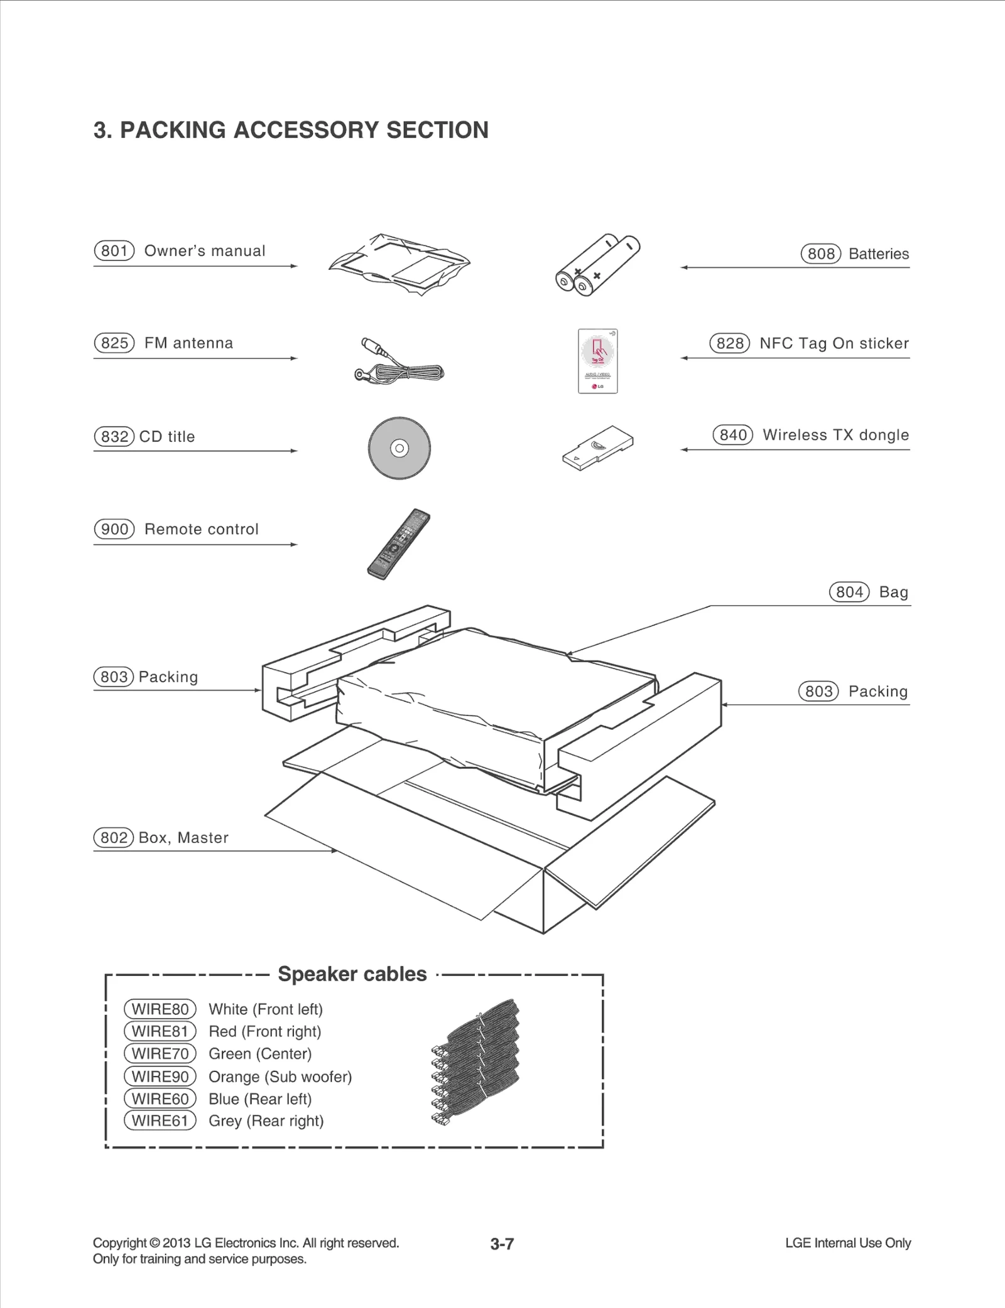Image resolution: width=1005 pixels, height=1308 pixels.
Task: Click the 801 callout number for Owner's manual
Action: coord(114,251)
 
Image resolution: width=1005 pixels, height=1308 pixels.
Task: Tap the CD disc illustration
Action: coord(399,448)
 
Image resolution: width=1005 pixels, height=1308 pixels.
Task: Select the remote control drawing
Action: coord(399,544)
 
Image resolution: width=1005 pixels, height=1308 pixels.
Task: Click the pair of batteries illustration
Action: coord(597,265)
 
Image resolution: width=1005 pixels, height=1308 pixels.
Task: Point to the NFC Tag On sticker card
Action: coord(597,361)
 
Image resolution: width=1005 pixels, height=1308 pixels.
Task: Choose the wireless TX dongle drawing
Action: coord(597,448)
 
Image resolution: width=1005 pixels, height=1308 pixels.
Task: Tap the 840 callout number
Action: coord(732,435)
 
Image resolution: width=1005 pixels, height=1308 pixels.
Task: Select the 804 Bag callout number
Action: coord(849,592)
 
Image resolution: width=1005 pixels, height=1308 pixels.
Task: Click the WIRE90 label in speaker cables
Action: coord(160,1076)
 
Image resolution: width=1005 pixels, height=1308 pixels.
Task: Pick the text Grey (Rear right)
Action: coord(266,1121)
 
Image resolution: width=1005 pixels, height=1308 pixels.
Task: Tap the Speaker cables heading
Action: coord(352,974)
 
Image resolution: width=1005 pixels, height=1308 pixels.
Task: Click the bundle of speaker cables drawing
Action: coord(477,1064)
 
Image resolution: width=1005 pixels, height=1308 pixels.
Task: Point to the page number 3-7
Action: coord(502,1244)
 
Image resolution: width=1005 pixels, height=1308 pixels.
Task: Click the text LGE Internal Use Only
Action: coord(847,1243)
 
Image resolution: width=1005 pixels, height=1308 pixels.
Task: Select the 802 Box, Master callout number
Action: coord(114,838)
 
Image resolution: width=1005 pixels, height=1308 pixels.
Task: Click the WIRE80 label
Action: coord(160,1009)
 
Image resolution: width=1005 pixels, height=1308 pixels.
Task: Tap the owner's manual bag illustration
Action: coord(399,264)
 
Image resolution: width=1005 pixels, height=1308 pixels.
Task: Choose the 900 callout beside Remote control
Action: coord(114,529)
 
